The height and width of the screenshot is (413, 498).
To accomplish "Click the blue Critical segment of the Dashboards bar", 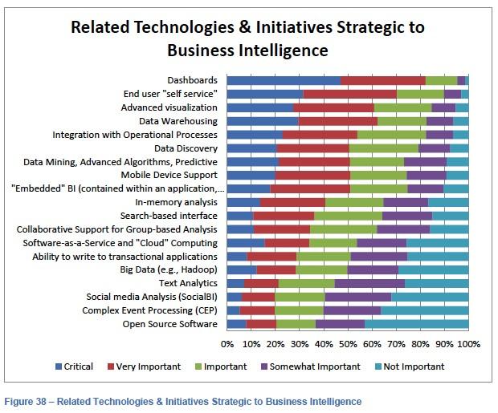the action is pyautogui.click(x=284, y=80).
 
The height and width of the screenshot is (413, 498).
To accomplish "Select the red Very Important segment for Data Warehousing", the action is pyautogui.click(x=338, y=121).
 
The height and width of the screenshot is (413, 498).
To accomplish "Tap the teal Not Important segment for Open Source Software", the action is pyautogui.click(x=417, y=324).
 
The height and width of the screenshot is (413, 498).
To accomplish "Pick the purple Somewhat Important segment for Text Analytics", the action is pyautogui.click(x=369, y=284).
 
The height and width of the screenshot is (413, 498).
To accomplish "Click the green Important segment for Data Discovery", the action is pyautogui.click(x=384, y=148).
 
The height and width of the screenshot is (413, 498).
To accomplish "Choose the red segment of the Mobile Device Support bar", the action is pyautogui.click(x=312, y=176).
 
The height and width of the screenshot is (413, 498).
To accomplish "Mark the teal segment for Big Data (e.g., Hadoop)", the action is pyautogui.click(x=434, y=270).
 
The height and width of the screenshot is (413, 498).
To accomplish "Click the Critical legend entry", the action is pyautogui.click(x=75, y=366).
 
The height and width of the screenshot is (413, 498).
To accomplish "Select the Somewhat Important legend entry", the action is pyautogui.click(x=311, y=366).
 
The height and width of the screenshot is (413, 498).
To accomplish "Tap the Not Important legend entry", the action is pyautogui.click(x=410, y=366).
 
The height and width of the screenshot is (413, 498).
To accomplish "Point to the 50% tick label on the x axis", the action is pyautogui.click(x=348, y=344).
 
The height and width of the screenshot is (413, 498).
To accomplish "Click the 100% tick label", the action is pyautogui.click(x=469, y=344).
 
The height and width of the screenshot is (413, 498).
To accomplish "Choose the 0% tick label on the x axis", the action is pyautogui.click(x=227, y=344).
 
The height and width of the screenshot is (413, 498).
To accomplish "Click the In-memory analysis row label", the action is pyautogui.click(x=176, y=202).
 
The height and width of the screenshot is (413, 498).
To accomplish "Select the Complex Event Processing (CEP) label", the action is pyautogui.click(x=149, y=310).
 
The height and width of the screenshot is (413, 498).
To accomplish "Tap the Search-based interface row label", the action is pyautogui.click(x=169, y=216).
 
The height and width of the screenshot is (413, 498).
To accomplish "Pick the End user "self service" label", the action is pyautogui.click(x=170, y=94).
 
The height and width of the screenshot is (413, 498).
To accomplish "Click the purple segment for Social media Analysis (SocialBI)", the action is pyautogui.click(x=358, y=298).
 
